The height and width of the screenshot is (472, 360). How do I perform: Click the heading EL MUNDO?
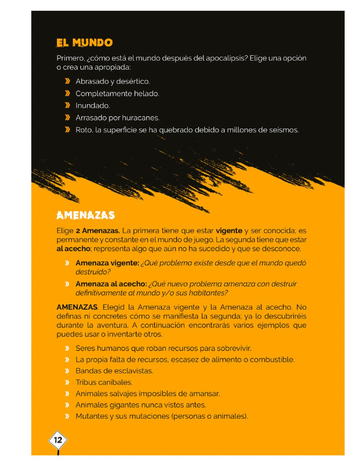(84, 43)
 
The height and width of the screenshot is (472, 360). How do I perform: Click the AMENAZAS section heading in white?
(85, 215)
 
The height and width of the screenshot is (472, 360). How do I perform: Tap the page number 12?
(58, 440)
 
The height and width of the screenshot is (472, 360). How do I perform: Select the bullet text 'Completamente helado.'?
(117, 94)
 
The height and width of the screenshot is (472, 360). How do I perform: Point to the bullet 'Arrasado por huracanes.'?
(117, 118)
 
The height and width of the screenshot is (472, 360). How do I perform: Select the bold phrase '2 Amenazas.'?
(98, 231)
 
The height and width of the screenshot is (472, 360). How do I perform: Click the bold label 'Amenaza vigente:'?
(107, 263)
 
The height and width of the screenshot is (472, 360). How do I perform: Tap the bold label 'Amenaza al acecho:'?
(111, 284)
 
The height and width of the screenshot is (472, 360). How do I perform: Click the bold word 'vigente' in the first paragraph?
(229, 231)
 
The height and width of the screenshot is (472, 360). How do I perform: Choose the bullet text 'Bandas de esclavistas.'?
(114, 371)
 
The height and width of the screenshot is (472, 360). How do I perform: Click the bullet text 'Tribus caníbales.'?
(103, 383)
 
